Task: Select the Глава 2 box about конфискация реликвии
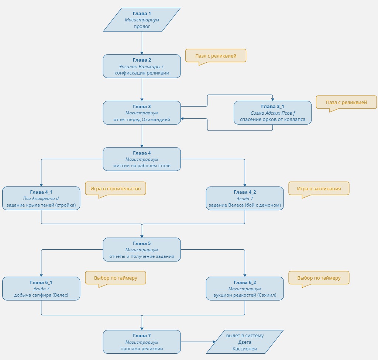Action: coord(142,66)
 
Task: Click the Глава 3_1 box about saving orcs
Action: coord(272,112)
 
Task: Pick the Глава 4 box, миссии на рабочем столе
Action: coord(142,159)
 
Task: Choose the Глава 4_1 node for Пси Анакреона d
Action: coord(41,198)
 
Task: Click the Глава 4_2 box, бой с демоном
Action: coord(245,198)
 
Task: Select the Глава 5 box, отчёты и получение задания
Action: coord(142,249)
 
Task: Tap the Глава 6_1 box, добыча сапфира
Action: coord(41,288)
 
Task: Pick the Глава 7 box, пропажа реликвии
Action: coord(142,342)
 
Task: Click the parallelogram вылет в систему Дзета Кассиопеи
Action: coord(245,342)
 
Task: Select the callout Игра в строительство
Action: coord(116,188)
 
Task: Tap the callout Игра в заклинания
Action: coord(319,188)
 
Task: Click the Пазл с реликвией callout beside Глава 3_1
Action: coord(346,102)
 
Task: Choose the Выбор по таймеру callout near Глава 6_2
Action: coord(319,278)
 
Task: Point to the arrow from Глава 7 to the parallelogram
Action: coord(196,342)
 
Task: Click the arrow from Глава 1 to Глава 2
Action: coord(142,43)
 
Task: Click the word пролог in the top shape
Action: coord(142,26)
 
